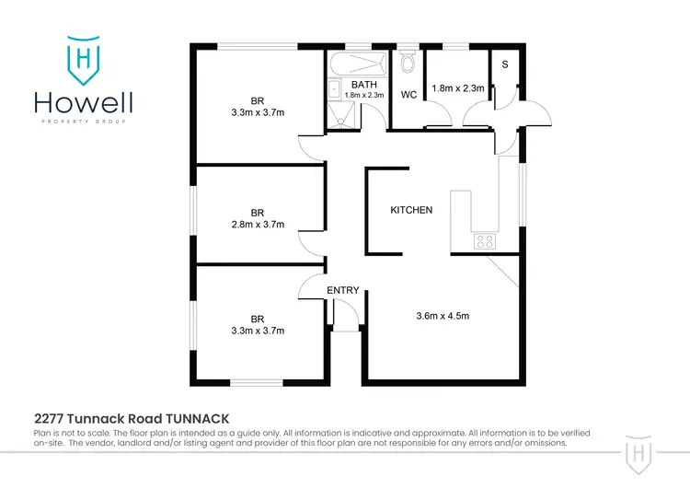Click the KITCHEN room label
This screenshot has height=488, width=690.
[411, 210]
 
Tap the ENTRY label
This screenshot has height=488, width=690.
[343, 291]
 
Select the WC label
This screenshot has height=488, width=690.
[409, 94]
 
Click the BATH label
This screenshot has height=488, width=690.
[351, 84]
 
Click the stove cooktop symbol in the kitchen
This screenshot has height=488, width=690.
[484, 242]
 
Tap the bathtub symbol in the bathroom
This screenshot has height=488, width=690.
[357, 64]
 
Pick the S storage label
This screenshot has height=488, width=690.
[505, 64]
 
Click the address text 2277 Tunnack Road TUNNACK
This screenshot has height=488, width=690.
[132, 418]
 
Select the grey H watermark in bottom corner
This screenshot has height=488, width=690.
[640, 453]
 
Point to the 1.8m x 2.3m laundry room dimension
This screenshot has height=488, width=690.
[457, 87]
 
